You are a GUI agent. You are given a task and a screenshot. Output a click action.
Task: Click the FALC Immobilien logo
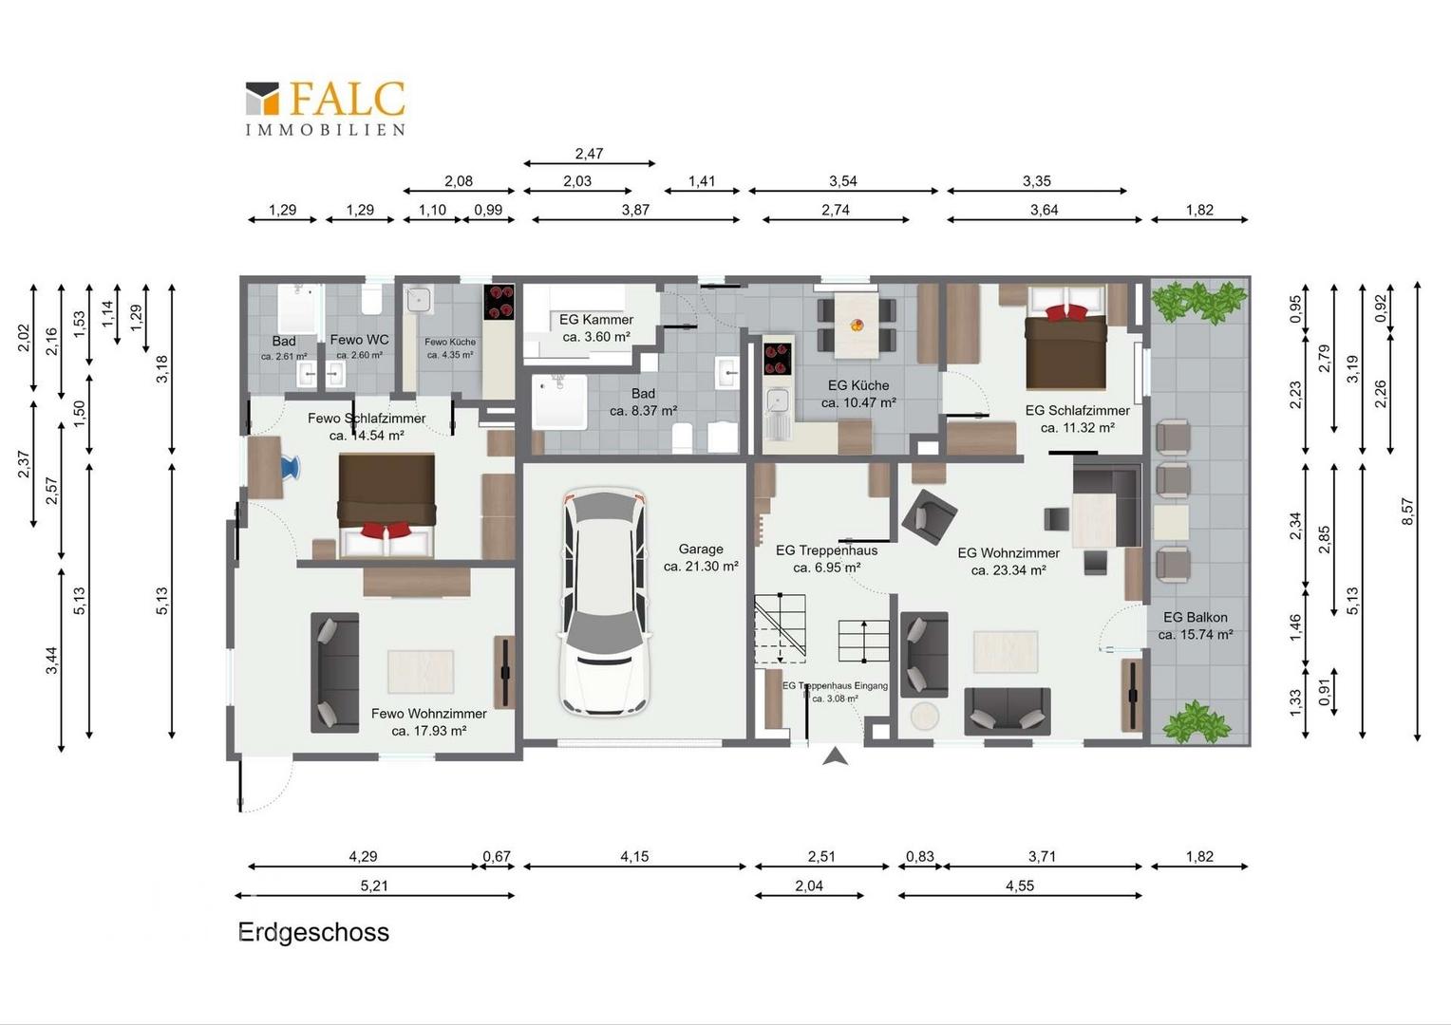(x=325, y=108)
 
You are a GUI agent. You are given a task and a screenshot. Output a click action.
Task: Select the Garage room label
(x=701, y=557)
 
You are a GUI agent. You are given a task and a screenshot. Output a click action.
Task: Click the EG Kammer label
(x=596, y=327)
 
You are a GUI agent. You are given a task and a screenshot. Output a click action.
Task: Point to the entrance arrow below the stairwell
(x=835, y=755)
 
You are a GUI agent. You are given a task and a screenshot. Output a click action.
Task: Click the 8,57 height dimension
(x=1407, y=511)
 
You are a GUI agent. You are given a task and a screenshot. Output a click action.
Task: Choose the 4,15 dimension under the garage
(x=634, y=857)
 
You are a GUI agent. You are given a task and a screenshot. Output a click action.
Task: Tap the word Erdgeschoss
(x=314, y=932)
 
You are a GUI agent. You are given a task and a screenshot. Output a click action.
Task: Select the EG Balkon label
(x=1196, y=626)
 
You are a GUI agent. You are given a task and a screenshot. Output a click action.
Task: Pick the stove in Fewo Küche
(x=499, y=303)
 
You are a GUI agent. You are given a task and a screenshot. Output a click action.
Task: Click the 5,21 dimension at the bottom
(x=374, y=885)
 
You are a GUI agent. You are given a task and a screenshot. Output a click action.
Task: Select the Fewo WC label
(x=360, y=340)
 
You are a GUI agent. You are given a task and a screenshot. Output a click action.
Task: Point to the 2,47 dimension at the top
(x=589, y=154)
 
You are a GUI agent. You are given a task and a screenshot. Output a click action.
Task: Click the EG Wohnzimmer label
(x=1008, y=562)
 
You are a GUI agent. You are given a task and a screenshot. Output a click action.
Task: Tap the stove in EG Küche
(x=778, y=360)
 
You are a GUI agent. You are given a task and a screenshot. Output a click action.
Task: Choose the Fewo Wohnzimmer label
(x=429, y=722)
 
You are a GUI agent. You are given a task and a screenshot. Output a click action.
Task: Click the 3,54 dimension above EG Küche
(x=842, y=181)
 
